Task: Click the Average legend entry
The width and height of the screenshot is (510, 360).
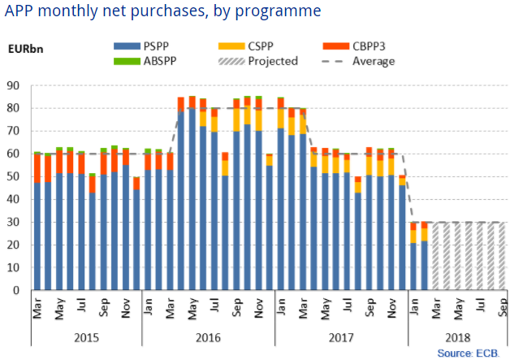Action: [x=370, y=61]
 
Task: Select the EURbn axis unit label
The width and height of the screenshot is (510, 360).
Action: [x=27, y=46]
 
